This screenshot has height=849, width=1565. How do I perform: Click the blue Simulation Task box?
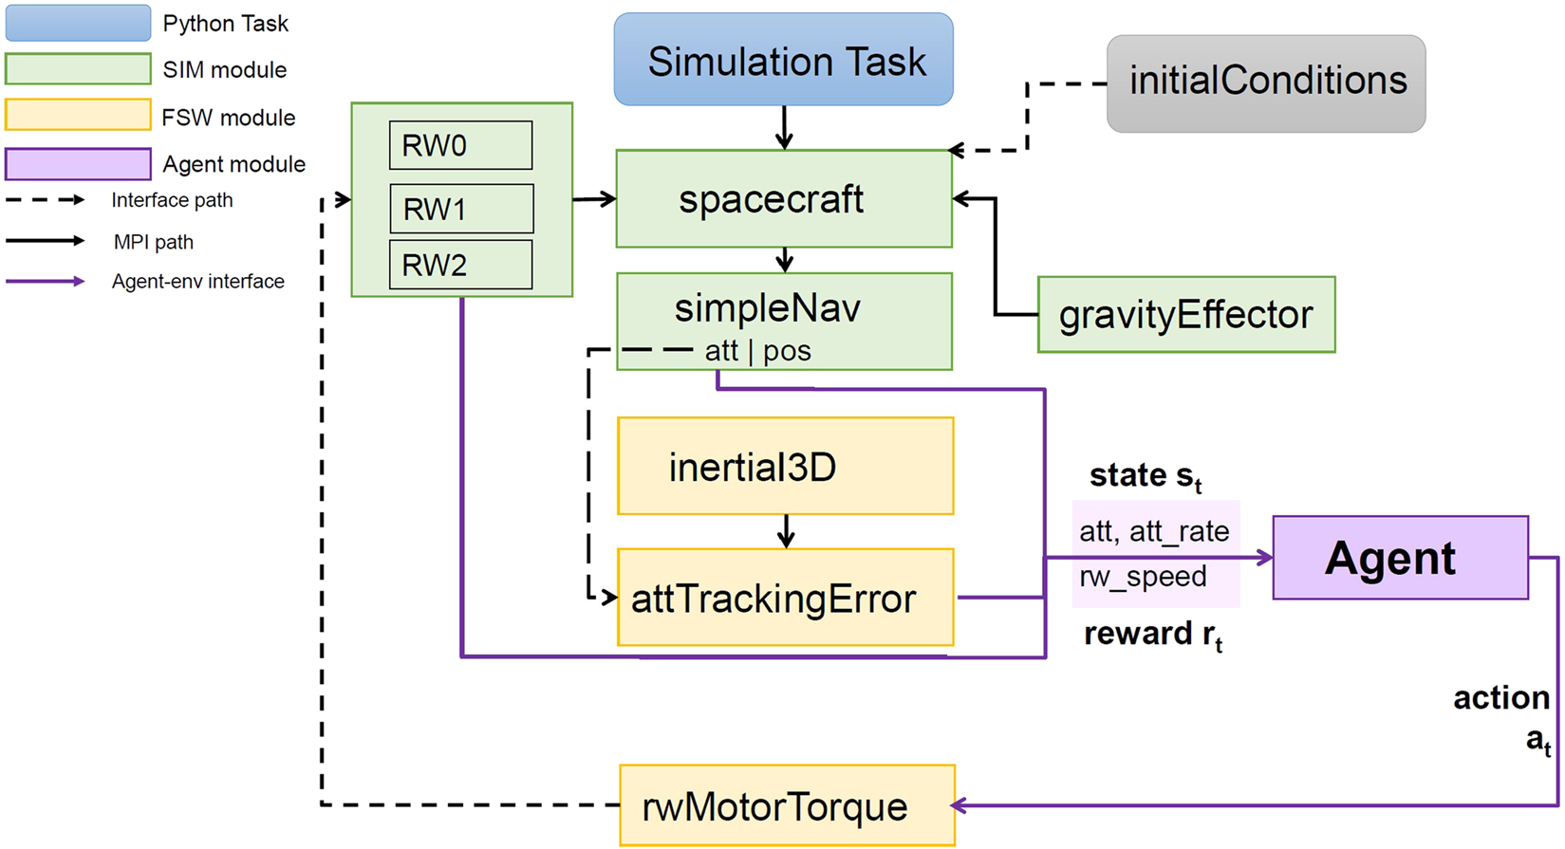pos(783,60)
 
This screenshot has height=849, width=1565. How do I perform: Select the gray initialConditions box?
pos(1266,83)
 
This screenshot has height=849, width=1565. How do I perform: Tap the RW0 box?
pos(460,145)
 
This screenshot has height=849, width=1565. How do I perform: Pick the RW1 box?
pos(461,209)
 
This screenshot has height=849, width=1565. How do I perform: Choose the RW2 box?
pos(460,265)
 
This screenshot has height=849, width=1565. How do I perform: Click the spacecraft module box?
pos(783,199)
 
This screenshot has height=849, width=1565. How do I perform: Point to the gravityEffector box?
pos(1185,315)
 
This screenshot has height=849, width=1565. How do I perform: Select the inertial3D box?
pos(785,467)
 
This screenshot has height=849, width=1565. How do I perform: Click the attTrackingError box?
pos(785,598)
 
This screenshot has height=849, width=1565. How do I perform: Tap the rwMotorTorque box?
pos(786,806)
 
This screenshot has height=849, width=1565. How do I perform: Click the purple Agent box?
pos(1400,558)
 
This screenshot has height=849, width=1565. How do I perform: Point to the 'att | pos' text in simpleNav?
pos(757,351)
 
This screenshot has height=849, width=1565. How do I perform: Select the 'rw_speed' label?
pos(1143,577)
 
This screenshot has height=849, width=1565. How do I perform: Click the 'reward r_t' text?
pos(1152,634)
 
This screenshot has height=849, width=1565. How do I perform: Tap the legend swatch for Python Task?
pos(78,24)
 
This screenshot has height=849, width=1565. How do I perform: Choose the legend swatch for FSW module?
pos(78,116)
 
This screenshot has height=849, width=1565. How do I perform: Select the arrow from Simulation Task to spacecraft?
pos(784,127)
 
